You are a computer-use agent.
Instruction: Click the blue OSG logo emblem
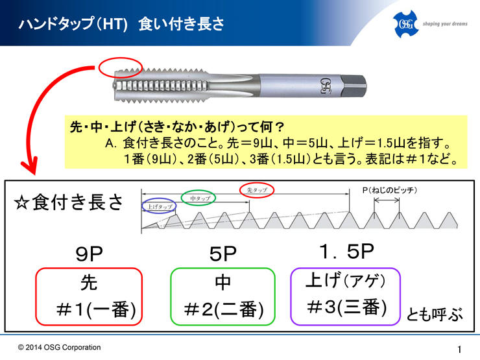pos(405,24)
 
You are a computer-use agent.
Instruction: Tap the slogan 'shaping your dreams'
pos(445,24)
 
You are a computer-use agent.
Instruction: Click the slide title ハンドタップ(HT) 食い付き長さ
pos(121,24)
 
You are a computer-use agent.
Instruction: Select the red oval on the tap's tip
pos(120,58)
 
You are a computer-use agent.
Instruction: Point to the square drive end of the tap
pos(354,86)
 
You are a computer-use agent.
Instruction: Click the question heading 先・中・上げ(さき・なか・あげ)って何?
pos(177,126)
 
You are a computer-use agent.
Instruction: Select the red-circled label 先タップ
pos(257,190)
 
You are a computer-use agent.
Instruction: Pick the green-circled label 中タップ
pos(198,198)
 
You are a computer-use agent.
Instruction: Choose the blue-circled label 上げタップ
pos(159,206)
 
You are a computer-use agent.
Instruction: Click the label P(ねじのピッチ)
pos(389,191)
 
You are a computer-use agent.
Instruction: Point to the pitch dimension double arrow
pos(387,200)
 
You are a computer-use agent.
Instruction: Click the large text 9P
pos(89,254)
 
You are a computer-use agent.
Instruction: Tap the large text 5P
pos(223,254)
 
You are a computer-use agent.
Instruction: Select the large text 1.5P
pos(346,252)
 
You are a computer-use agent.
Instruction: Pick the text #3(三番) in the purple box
pos(347,307)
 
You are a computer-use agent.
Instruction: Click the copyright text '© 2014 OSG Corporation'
pos(60,348)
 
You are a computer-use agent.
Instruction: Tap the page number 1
pos(459,349)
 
